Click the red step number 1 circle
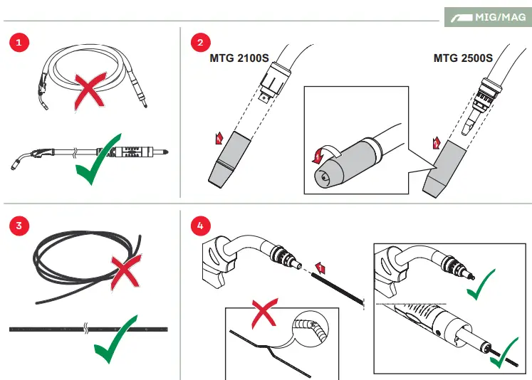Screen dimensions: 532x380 [x=19, y=43]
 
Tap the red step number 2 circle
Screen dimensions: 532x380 [x=200, y=43]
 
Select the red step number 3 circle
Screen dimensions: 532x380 [x=19, y=226]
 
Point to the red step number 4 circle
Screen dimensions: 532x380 [x=200, y=226]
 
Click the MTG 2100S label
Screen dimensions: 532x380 [x=239, y=58]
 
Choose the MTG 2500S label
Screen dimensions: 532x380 [x=463, y=58]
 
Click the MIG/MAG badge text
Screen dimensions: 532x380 [x=501, y=17]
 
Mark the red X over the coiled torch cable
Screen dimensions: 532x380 [x=89, y=91]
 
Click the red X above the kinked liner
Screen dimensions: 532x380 [x=265, y=312]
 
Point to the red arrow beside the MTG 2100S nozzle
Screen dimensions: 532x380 [x=219, y=138]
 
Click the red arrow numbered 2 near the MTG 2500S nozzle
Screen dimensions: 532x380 [x=437, y=143]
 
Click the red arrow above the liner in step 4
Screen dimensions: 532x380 [x=320, y=268]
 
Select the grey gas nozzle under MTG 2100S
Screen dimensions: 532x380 [x=229, y=159]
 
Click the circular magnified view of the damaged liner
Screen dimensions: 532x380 [x=310, y=329]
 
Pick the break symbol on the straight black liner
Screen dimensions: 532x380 [x=86, y=329]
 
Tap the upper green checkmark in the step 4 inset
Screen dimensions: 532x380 [x=481, y=285]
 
